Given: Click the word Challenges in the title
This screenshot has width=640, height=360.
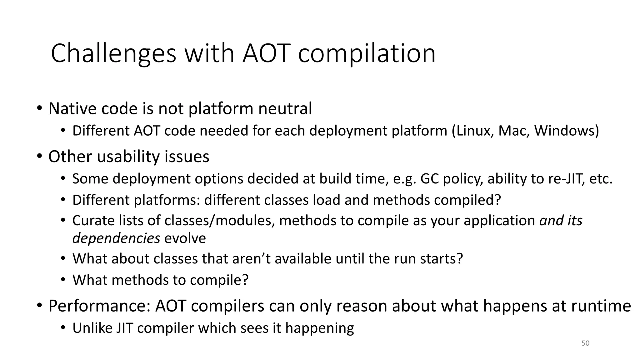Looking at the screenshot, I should (113, 54).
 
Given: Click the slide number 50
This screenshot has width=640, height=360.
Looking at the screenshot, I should (585, 343).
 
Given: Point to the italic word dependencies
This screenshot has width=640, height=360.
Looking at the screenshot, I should (116, 238).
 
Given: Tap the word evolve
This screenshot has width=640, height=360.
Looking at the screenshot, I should (185, 238).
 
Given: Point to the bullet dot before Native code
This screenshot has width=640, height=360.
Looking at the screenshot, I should (39, 109).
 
